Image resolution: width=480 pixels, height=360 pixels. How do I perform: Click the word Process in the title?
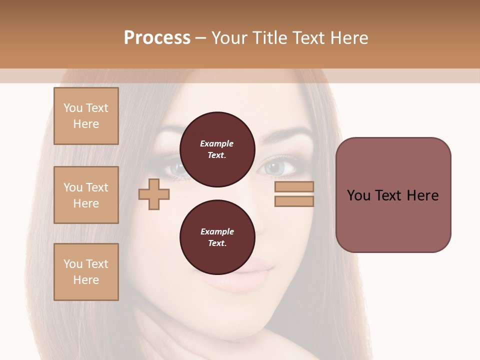click(157, 38)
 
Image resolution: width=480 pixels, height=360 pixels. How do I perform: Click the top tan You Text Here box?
click(86, 116)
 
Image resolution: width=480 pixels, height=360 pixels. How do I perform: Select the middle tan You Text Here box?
click(86, 195)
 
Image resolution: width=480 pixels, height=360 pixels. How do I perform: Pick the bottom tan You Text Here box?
click(86, 272)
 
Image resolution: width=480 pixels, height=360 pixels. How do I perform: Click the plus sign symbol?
click(154, 194)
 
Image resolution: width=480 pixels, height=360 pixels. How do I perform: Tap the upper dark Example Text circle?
click(217, 149)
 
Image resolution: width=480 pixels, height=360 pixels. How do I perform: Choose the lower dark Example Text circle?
click(217, 237)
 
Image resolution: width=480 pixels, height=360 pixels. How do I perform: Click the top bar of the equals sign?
click(294, 187)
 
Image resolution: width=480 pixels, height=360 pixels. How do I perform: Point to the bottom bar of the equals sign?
click(294, 201)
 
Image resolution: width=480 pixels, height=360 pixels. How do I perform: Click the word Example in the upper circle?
click(217, 143)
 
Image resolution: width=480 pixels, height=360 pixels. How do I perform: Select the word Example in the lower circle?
click(217, 231)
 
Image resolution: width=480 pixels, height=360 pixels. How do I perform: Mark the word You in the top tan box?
click(72, 108)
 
